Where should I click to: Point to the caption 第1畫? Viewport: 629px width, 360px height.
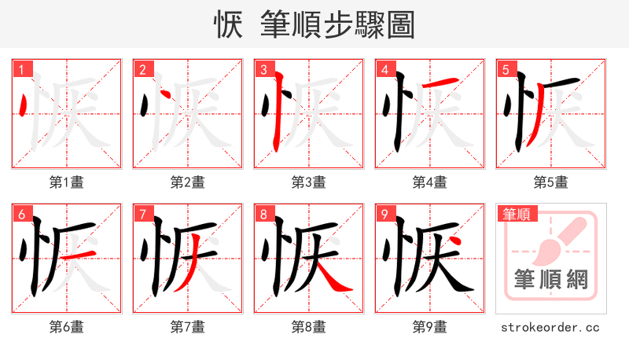coord(67,182)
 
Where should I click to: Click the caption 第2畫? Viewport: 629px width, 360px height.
coord(188,182)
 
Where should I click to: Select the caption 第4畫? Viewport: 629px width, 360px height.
coord(430,182)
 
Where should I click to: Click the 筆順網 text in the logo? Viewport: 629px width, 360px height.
coord(551,279)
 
